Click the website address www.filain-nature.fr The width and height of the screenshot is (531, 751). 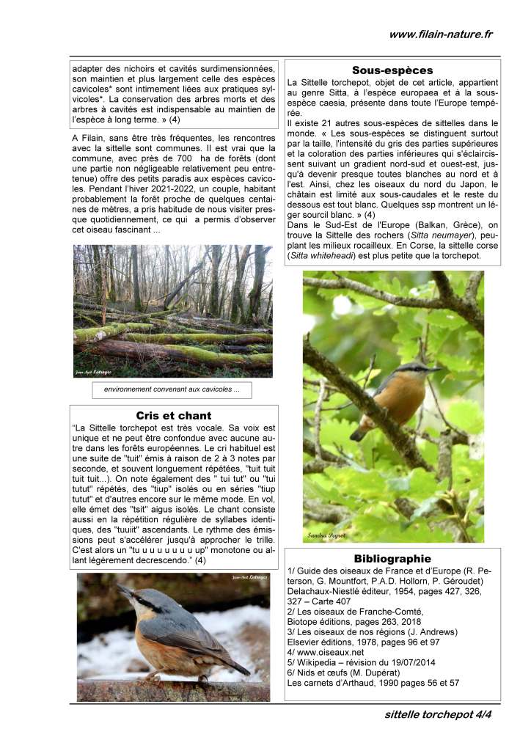pyautogui.click(x=441, y=34)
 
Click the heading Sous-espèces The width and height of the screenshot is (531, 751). pyautogui.click(x=392, y=70)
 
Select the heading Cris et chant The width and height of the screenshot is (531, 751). pyautogui.click(x=174, y=415)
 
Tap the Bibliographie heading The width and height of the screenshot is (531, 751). pyautogui.click(x=392, y=558)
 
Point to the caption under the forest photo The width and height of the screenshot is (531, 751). pyautogui.click(x=172, y=390)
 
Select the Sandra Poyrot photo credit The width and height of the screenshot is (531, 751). pyautogui.click(x=325, y=536)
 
